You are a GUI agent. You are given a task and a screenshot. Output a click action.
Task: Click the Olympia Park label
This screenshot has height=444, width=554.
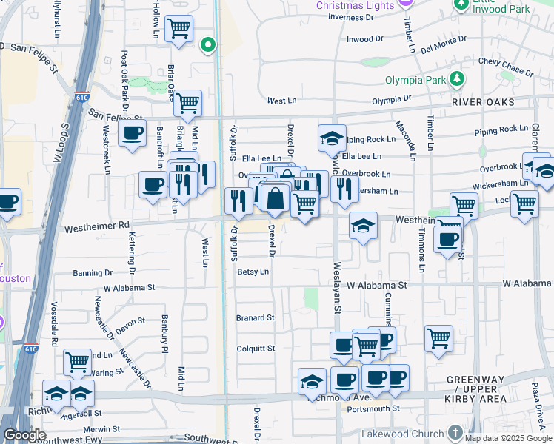click(x=416, y=80)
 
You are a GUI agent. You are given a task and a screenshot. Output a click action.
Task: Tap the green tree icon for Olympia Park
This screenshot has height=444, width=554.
click(x=458, y=78)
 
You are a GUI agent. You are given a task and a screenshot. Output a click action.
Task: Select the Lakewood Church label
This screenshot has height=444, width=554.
click(x=403, y=433)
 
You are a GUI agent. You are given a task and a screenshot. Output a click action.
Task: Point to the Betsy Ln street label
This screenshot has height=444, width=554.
click(x=253, y=272)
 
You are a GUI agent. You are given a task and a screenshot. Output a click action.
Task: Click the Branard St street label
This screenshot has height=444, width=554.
click(x=255, y=318)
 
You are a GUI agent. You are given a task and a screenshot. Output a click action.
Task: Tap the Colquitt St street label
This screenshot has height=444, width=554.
click(x=255, y=349)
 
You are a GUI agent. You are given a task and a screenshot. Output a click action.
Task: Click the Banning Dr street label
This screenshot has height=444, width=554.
click(x=93, y=273)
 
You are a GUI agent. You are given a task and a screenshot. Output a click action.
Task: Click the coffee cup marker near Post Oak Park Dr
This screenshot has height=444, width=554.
click(x=132, y=133)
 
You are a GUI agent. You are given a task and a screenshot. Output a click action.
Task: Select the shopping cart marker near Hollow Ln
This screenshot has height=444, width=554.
click(x=178, y=29)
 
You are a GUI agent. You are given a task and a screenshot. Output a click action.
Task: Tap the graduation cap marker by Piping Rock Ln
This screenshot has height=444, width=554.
click(x=332, y=137)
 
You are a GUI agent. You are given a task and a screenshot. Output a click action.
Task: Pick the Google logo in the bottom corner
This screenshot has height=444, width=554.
click(x=24, y=436)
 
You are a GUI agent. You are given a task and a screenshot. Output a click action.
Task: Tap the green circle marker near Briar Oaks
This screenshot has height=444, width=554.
click(x=209, y=45)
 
